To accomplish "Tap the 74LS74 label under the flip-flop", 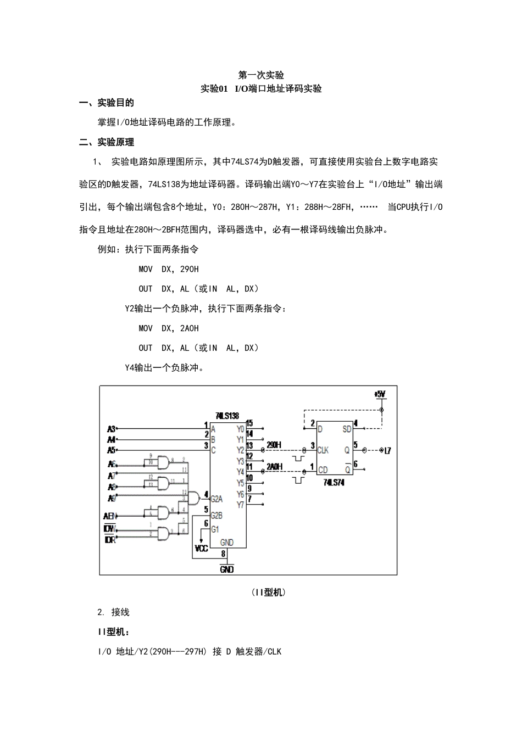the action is coord(334,482).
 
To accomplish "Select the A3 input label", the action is coord(111,428).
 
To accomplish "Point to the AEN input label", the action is coord(110,516).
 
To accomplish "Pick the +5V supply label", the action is coord(380,394).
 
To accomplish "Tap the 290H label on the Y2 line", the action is coord(274,444).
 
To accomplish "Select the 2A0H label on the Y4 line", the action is coord(274,466).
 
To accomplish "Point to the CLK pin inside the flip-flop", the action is coord(323,450).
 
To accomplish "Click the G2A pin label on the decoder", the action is coord(216,499).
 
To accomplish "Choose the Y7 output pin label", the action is coord(240,505).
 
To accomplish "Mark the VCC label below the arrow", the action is coord(202,548).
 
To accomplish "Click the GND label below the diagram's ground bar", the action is coord(226,569).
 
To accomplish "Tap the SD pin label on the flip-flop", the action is coord(347,429).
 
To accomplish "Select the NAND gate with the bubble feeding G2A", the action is coord(193,498).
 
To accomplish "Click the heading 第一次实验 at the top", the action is coord(261,75).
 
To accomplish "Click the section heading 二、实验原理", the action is coord(107,142).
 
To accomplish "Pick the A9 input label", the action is coord(111,498).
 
